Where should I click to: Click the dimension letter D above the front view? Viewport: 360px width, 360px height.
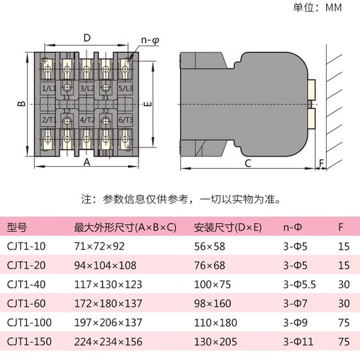[x=87, y=37]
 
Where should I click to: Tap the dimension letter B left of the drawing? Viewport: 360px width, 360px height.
[x=21, y=104]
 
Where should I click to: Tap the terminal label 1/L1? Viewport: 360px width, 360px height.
[x=49, y=89]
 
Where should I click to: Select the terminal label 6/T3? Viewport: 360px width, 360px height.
[x=125, y=120]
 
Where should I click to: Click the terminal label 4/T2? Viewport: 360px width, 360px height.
[x=87, y=120]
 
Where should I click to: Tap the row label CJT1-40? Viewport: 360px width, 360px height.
[x=27, y=285]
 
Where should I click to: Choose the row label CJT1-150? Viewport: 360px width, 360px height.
[x=30, y=342]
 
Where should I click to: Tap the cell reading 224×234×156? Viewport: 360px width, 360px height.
[x=105, y=342]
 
